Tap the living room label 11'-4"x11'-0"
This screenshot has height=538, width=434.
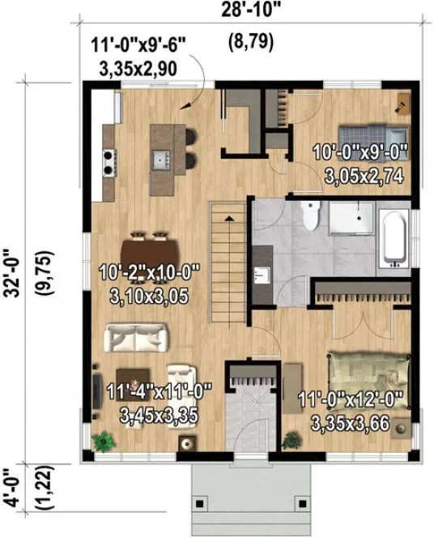pyautogui.click(x=159, y=392)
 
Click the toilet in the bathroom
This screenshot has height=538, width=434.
pyautogui.click(x=309, y=216)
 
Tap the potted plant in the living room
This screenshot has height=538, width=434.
pyautogui.click(x=102, y=441)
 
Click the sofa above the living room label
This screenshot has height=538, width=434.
pyautogui.click(x=138, y=336)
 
